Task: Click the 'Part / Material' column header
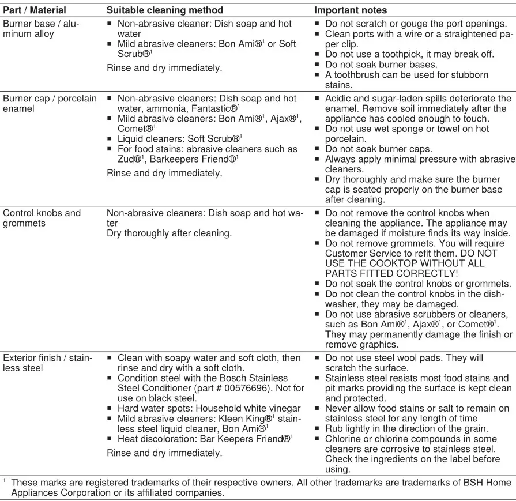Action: coord(35,10)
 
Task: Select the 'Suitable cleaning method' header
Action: coord(165,10)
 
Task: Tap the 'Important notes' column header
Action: coord(350,10)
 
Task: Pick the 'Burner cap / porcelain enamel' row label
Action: coord(50,103)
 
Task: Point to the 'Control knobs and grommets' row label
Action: coord(42,218)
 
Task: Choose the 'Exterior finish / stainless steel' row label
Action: coord(47,363)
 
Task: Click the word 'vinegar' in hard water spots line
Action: coord(281,408)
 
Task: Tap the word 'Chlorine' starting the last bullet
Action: coord(345,438)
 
